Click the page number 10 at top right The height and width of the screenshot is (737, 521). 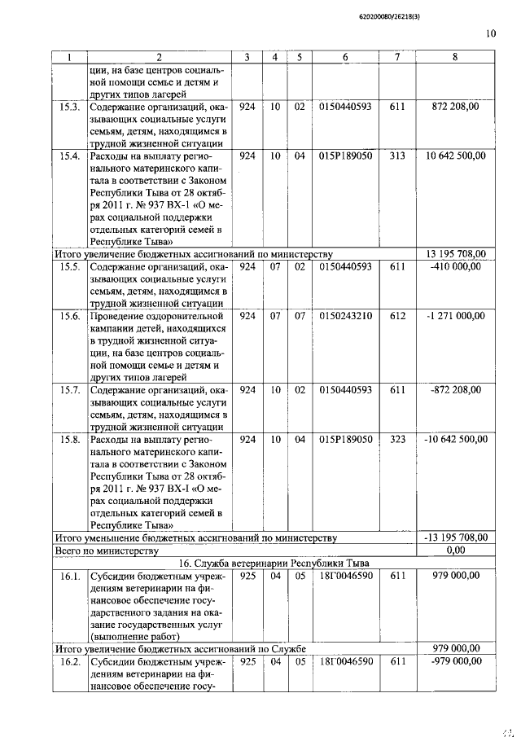(490, 33)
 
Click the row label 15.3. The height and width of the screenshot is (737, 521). (70, 107)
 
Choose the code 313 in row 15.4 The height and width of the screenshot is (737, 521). (397, 154)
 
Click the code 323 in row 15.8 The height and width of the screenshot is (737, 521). (397, 439)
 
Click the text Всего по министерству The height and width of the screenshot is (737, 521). (105, 551)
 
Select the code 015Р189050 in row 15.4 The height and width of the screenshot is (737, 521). (346, 154)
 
